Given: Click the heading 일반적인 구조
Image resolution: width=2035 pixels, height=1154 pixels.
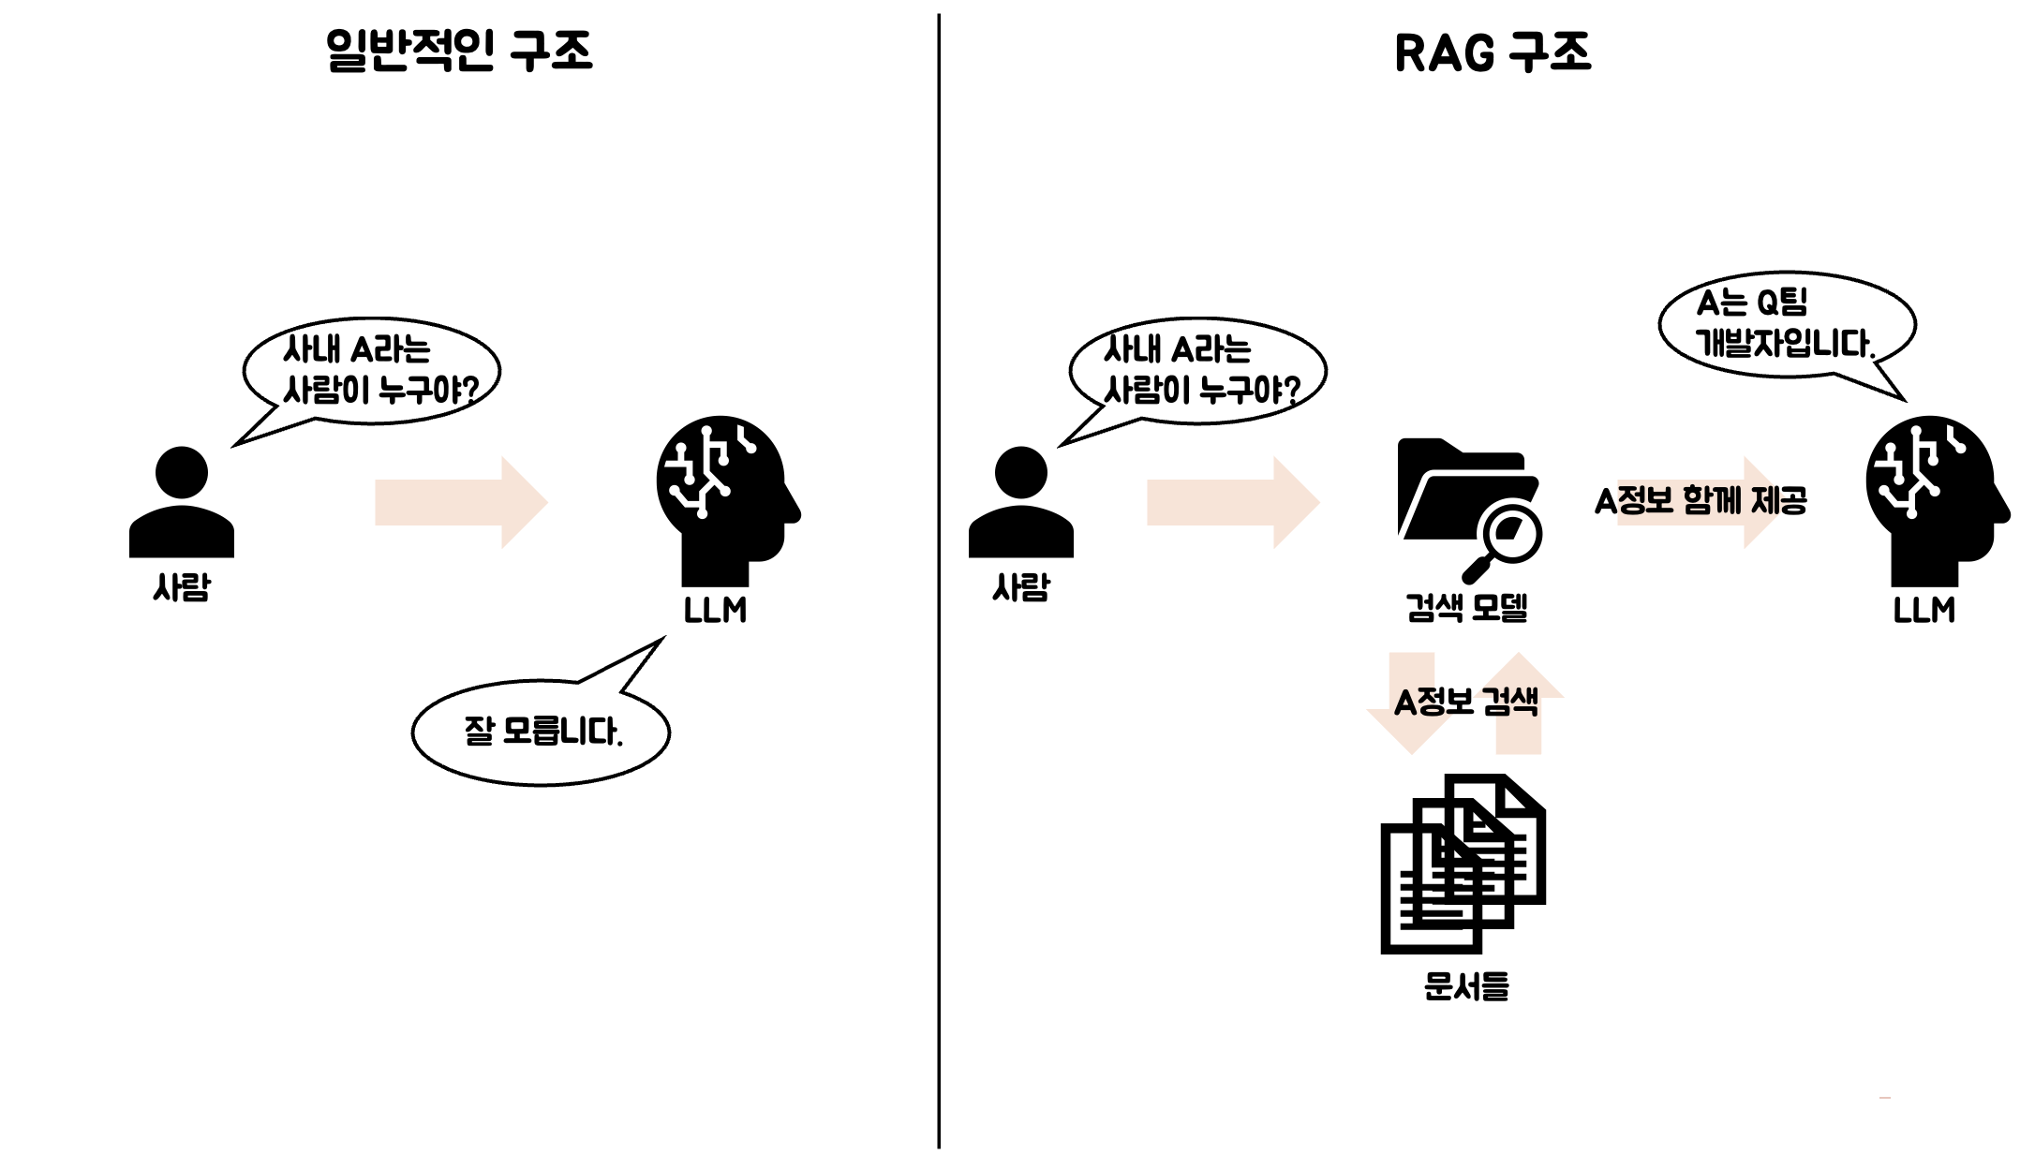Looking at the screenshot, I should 459,51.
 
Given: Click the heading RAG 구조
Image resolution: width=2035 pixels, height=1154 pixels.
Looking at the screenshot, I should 1493,52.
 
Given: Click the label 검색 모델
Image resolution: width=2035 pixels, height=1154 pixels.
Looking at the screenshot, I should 1467,608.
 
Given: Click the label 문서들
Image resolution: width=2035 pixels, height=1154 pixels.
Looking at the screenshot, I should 1466,986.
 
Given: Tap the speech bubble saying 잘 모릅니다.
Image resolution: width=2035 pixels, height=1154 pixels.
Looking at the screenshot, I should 542,732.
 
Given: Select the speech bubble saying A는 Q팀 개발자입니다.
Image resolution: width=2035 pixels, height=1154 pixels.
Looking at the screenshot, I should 1786,324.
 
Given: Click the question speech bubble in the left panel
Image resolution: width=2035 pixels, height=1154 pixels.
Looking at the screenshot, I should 373,371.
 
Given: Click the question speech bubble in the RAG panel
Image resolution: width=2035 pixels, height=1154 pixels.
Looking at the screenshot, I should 1198,371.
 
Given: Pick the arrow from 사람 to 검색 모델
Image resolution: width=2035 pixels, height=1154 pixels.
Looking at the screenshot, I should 1233,503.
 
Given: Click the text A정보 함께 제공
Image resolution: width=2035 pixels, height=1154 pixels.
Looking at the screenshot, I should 1701,501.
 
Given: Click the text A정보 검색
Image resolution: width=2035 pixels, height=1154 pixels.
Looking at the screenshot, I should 1466,703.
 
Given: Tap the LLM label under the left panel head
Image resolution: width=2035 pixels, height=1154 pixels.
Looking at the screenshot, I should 715,611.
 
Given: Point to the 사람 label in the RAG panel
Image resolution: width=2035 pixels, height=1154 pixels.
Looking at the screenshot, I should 1021,588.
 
